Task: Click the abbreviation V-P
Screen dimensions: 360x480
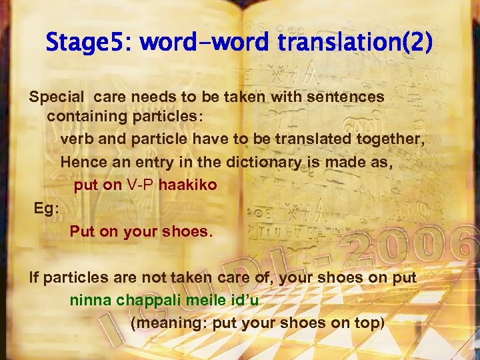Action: coord(141,185)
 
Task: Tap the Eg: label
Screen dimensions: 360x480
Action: coord(47,208)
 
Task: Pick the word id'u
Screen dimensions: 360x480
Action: coord(241,299)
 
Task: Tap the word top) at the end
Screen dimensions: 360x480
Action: coord(370,323)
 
